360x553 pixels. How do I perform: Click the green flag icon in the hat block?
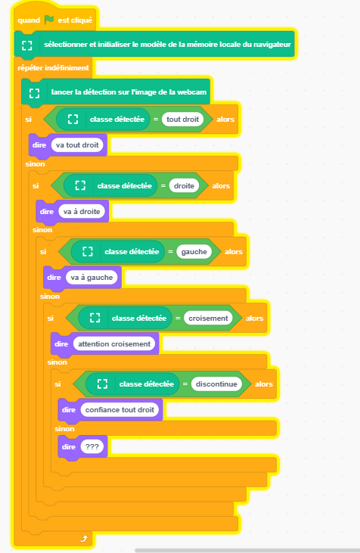coord(49,20)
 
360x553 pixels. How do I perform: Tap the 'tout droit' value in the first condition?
coord(182,120)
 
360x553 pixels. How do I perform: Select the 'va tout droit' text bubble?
coord(77,145)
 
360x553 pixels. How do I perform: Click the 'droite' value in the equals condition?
coord(184,186)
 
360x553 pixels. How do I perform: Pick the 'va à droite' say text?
coord(82,212)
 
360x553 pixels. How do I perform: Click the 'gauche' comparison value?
coord(194,252)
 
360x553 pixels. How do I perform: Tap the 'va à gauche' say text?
coord(92,278)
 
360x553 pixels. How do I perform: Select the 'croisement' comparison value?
coord(208,318)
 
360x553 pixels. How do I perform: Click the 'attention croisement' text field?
coord(114,344)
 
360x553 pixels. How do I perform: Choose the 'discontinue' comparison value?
coord(216,384)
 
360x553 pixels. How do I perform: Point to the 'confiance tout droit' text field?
coord(119,410)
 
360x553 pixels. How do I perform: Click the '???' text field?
coord(92,447)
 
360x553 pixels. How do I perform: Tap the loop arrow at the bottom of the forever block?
coord(83,539)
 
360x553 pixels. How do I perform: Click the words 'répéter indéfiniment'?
coord(53,68)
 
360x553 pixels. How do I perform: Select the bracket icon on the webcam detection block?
coord(34,93)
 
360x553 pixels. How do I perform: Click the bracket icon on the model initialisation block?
coord(27,45)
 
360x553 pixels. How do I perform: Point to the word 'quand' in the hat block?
coord(29,20)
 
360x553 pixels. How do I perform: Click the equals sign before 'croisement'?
coord(178,318)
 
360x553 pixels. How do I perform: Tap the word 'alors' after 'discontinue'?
coord(264,384)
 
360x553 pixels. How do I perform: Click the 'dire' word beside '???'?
coord(69,447)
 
